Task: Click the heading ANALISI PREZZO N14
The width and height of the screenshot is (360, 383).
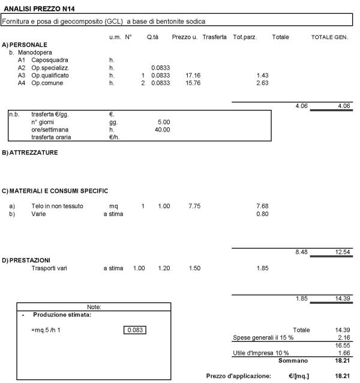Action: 39,8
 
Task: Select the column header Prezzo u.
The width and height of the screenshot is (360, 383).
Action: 185,37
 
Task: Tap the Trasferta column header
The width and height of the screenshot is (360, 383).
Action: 214,37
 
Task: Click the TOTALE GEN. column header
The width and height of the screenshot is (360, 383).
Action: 329,37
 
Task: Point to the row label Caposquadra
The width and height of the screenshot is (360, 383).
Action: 50,60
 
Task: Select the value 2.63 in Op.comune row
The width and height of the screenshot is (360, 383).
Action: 262,83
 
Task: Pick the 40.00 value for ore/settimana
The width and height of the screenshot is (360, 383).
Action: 162,129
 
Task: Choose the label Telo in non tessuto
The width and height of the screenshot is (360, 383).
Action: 58,206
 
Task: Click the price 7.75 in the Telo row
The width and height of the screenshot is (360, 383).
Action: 193,206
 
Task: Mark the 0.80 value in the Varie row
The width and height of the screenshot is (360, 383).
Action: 262,214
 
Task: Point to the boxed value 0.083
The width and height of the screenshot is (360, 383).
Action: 135,330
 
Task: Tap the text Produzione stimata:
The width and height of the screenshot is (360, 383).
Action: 62,315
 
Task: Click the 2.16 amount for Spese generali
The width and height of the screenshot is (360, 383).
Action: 343,338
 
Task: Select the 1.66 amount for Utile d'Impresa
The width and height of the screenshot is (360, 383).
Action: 343,353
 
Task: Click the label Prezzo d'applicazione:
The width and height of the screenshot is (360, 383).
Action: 238,375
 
